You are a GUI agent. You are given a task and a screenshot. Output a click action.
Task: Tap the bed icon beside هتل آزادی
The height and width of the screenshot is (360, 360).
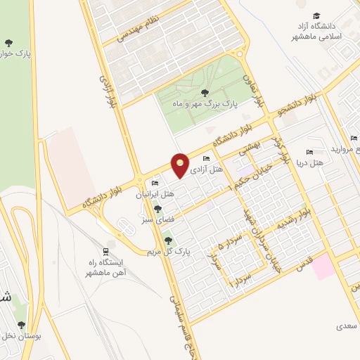tap(206, 160)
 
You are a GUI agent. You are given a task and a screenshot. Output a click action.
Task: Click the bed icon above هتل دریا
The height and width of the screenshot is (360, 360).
tap(309, 152)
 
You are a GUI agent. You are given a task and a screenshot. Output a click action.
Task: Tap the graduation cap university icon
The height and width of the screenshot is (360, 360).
tap(317, 15)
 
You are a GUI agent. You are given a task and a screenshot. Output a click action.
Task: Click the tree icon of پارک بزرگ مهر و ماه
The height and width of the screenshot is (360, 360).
tap(204, 92)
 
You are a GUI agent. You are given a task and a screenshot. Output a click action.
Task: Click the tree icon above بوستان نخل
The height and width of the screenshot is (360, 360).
tap(22, 324)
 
